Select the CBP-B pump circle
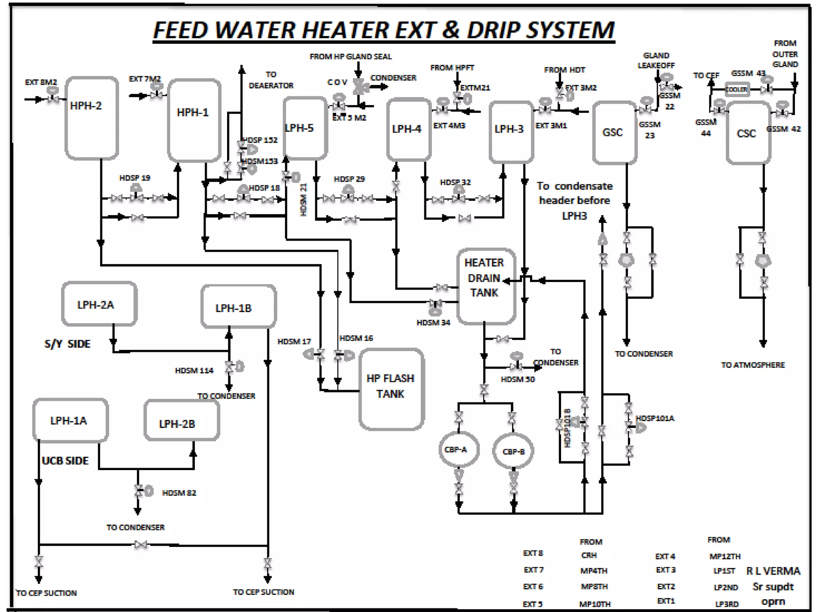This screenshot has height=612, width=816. [x=513, y=451]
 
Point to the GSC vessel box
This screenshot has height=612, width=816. [x=614, y=132]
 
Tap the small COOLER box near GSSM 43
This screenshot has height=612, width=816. [x=736, y=90]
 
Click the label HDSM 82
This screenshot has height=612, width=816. [x=179, y=493]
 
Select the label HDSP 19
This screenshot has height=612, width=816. [x=135, y=178]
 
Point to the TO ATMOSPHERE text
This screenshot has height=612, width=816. [x=753, y=365]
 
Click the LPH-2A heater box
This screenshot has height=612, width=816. [x=99, y=304]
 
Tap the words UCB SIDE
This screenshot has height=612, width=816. [x=65, y=461]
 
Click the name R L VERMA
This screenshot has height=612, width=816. [x=773, y=571]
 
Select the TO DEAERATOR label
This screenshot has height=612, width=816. [x=271, y=80]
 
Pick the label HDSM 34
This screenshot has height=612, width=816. [x=433, y=322]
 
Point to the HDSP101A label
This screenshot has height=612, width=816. [x=655, y=418]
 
